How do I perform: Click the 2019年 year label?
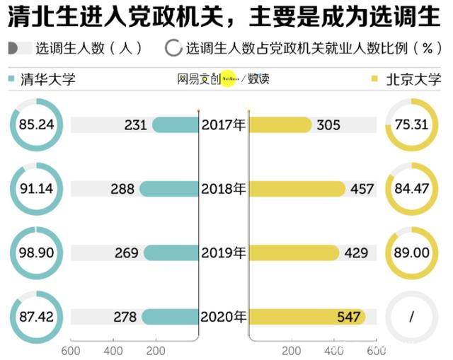223,252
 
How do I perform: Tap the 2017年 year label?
223,125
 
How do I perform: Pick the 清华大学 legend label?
48,79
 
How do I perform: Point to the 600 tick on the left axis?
70,350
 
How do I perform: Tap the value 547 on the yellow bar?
349,317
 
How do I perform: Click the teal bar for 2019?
171,252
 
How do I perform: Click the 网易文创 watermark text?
199,79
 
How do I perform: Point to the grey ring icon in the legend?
173,48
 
